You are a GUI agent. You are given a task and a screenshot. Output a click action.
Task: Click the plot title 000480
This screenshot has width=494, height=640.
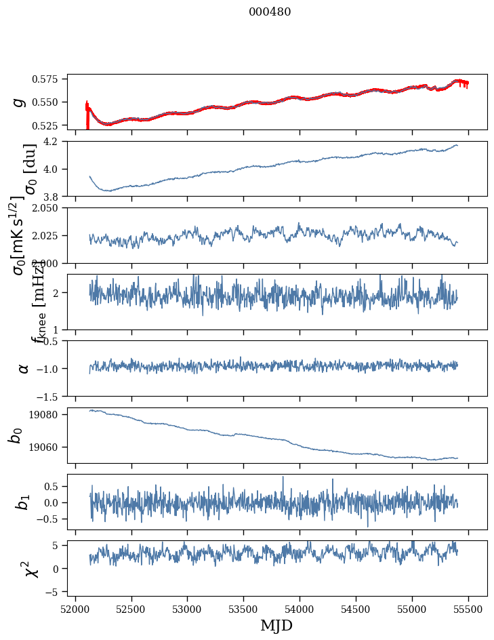tap(270, 12)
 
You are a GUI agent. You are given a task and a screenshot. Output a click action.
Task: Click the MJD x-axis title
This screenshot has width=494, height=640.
tap(276, 625)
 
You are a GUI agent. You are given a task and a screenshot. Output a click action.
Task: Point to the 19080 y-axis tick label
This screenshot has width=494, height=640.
tap(51, 414)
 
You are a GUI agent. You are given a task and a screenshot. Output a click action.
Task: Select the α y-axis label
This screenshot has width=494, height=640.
tap(24, 368)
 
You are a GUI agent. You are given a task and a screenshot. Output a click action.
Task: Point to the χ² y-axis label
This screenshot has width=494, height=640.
tap(31, 568)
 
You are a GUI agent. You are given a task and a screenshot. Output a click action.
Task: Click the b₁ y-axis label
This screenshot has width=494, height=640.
tap(24, 502)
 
